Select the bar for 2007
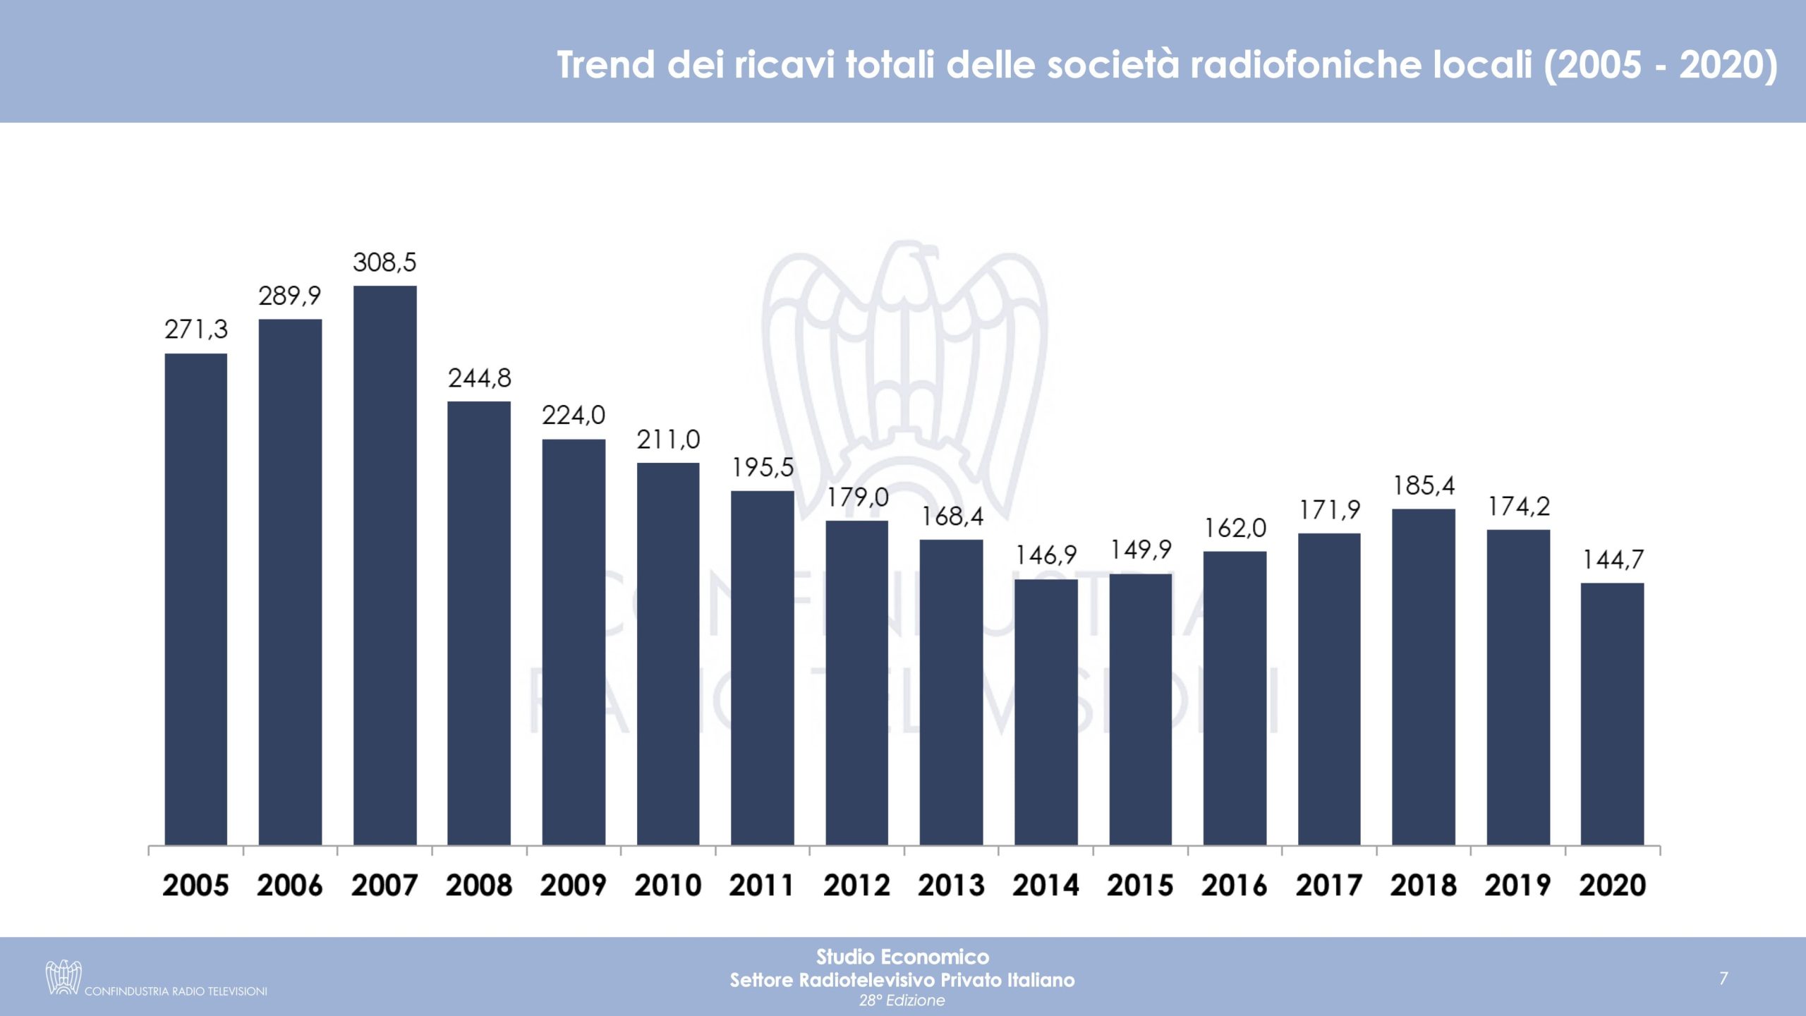[x=384, y=564]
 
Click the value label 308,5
[x=384, y=262]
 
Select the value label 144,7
[x=1613, y=560]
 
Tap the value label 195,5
[x=763, y=467]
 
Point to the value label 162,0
[x=1235, y=528]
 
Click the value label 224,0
[x=573, y=415]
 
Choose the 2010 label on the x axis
[x=667, y=885]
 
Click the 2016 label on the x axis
[x=1235, y=885]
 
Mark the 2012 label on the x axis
[x=856, y=885]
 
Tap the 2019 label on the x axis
[x=1517, y=885]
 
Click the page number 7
[x=1723, y=978]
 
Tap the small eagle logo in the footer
[x=63, y=977]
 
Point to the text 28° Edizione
[x=902, y=1000]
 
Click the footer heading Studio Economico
[x=902, y=957]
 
